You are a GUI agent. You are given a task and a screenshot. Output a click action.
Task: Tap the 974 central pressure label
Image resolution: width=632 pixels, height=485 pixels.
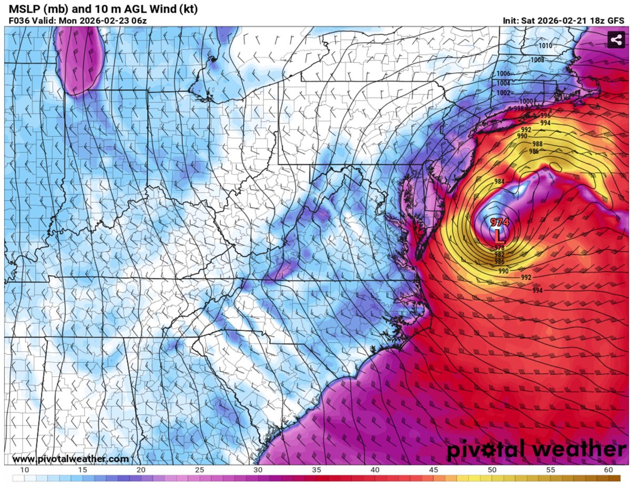coord(500,222)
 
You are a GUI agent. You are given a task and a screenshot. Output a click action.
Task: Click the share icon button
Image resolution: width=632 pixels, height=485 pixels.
coord(615,40)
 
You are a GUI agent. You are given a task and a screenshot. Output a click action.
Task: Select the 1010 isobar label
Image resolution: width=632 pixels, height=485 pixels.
coord(545,46)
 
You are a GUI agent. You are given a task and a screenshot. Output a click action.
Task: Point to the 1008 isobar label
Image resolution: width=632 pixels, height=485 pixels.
coord(537,60)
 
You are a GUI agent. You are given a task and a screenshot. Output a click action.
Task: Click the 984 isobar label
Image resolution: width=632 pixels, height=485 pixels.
coord(500,181)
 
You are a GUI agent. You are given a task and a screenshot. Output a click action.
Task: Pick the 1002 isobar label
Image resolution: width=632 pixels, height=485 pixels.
coord(503,93)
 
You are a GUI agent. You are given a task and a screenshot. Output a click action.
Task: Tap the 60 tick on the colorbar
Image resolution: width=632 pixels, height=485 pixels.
coord(608,469)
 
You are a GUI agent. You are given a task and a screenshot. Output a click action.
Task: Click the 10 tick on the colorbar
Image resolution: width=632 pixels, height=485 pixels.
coord(24,469)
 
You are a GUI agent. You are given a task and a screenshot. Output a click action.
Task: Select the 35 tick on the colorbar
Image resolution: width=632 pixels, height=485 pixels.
coord(317,469)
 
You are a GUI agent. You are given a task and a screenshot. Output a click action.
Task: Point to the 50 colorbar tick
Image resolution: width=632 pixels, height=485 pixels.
coord(492,469)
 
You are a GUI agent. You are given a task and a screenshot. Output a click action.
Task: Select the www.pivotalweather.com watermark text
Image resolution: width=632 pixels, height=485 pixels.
coord(70,459)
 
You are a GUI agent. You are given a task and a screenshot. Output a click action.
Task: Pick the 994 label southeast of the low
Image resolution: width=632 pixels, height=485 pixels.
coord(537,290)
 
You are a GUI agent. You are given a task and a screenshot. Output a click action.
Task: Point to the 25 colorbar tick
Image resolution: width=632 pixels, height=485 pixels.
coord(199,469)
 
